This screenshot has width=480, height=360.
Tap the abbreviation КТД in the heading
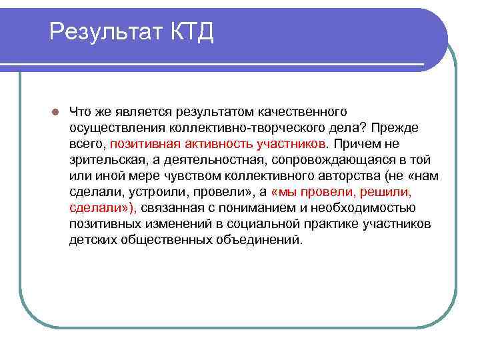[x=191, y=31]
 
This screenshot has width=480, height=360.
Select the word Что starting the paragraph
[x=80, y=111]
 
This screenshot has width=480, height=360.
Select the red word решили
[x=385, y=191]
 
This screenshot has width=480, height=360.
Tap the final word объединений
[x=256, y=239]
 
